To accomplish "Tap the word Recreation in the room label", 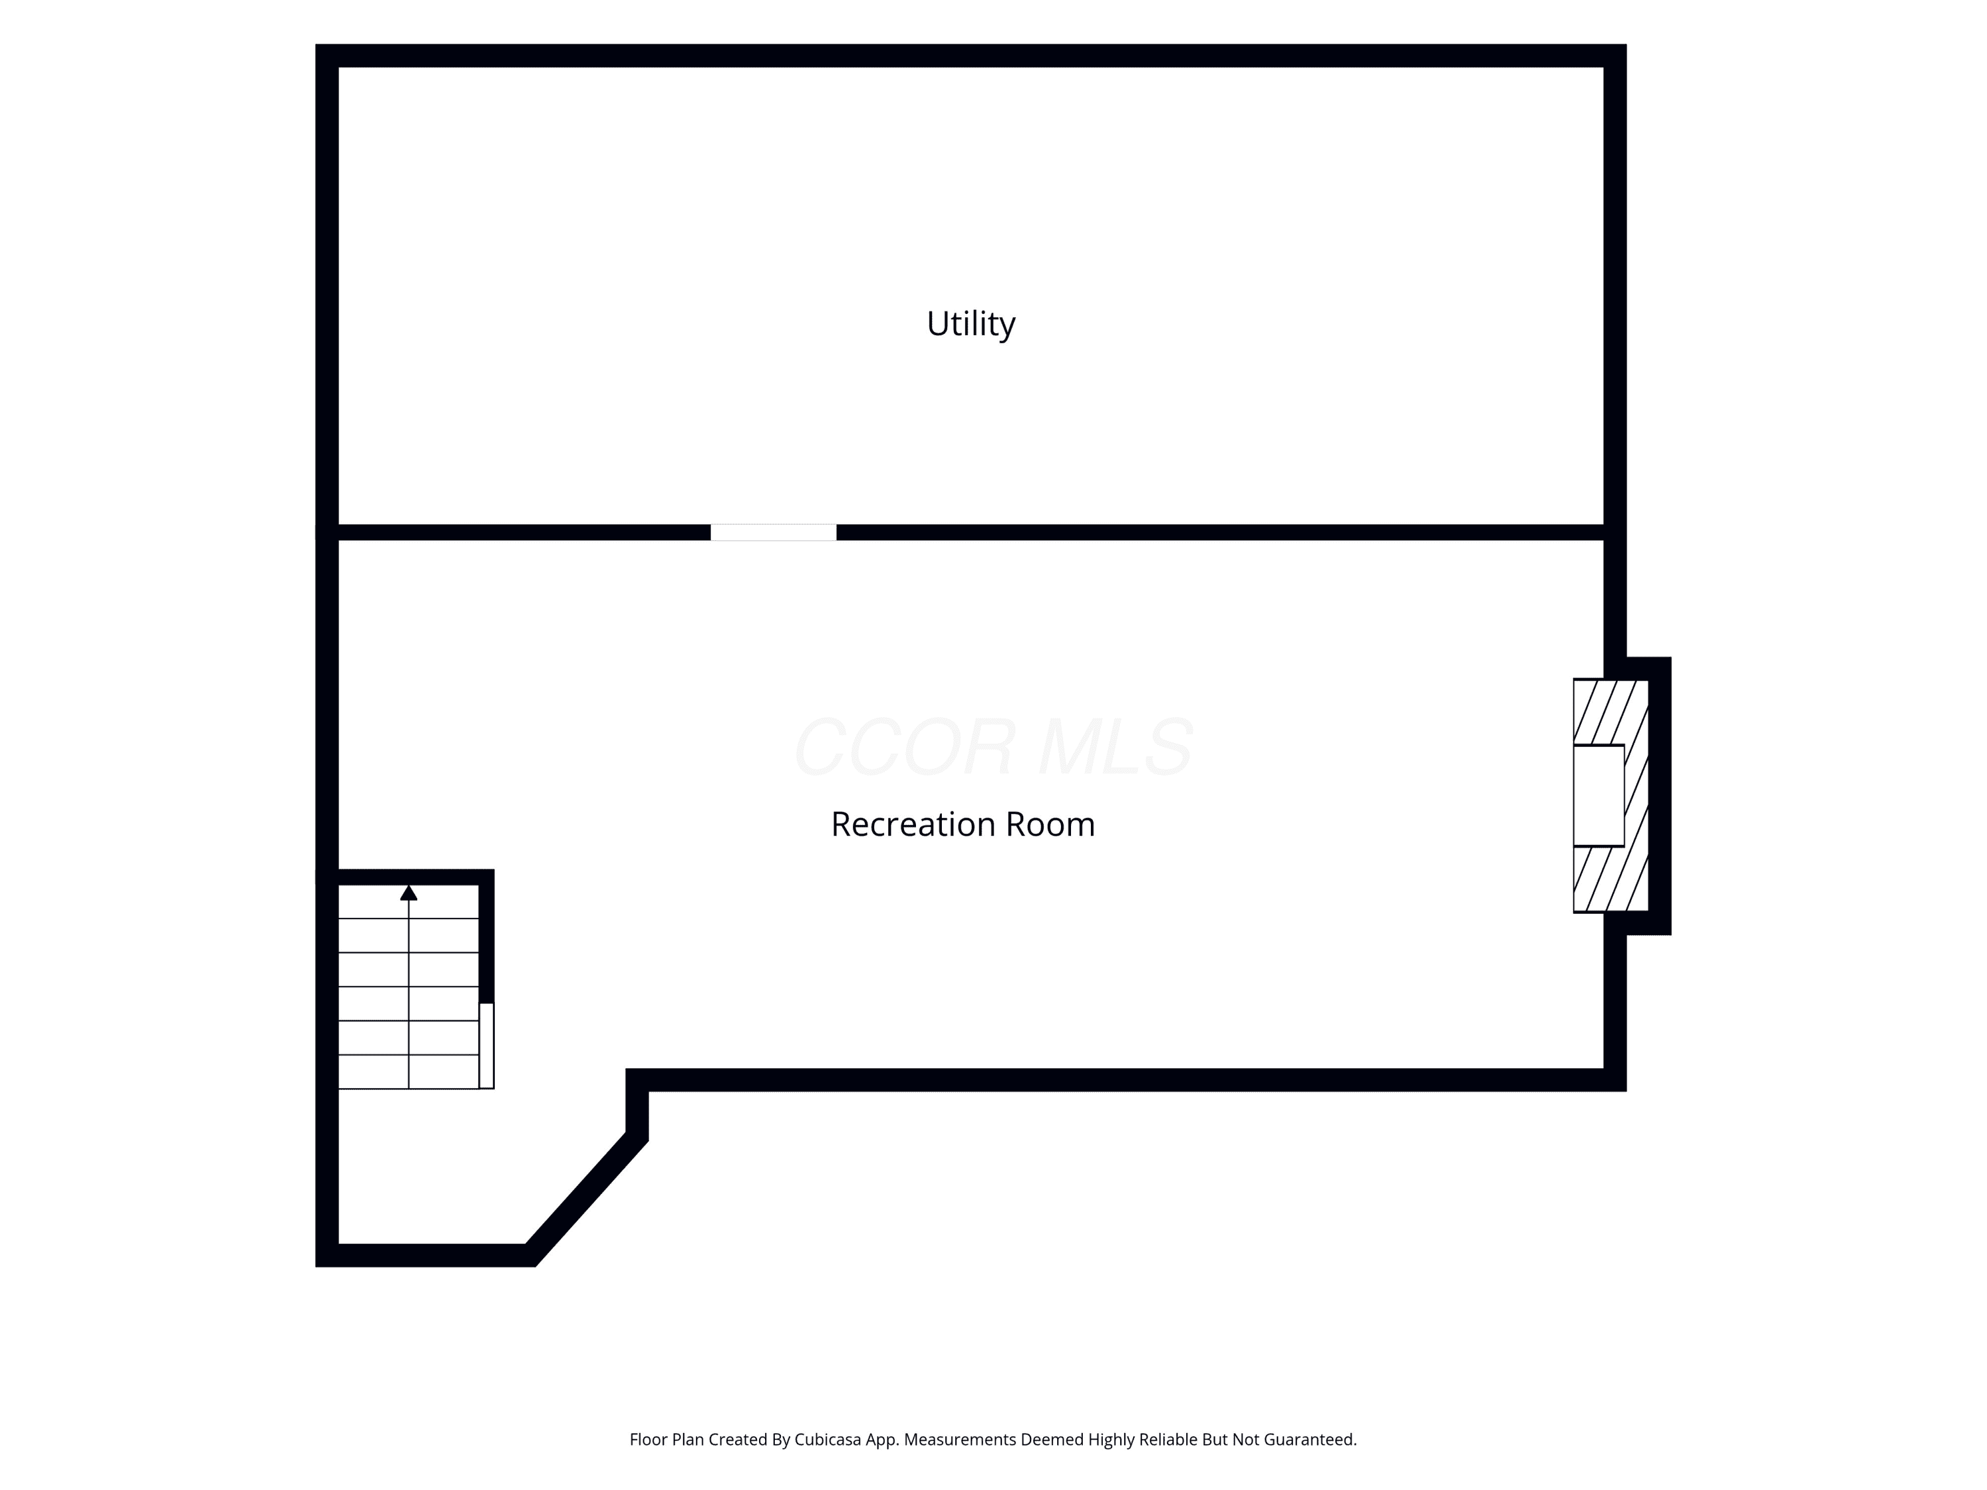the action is pos(913,824).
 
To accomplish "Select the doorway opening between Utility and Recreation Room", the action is pos(774,532).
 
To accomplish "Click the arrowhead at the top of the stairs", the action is pos(409,892).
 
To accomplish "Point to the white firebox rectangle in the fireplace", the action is pos(1599,796).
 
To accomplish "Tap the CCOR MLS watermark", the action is pos(993,746).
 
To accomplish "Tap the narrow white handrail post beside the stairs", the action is pos(486,1046).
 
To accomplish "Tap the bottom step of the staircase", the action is pos(409,1072).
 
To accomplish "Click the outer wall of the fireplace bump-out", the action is pos(1660,796).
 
